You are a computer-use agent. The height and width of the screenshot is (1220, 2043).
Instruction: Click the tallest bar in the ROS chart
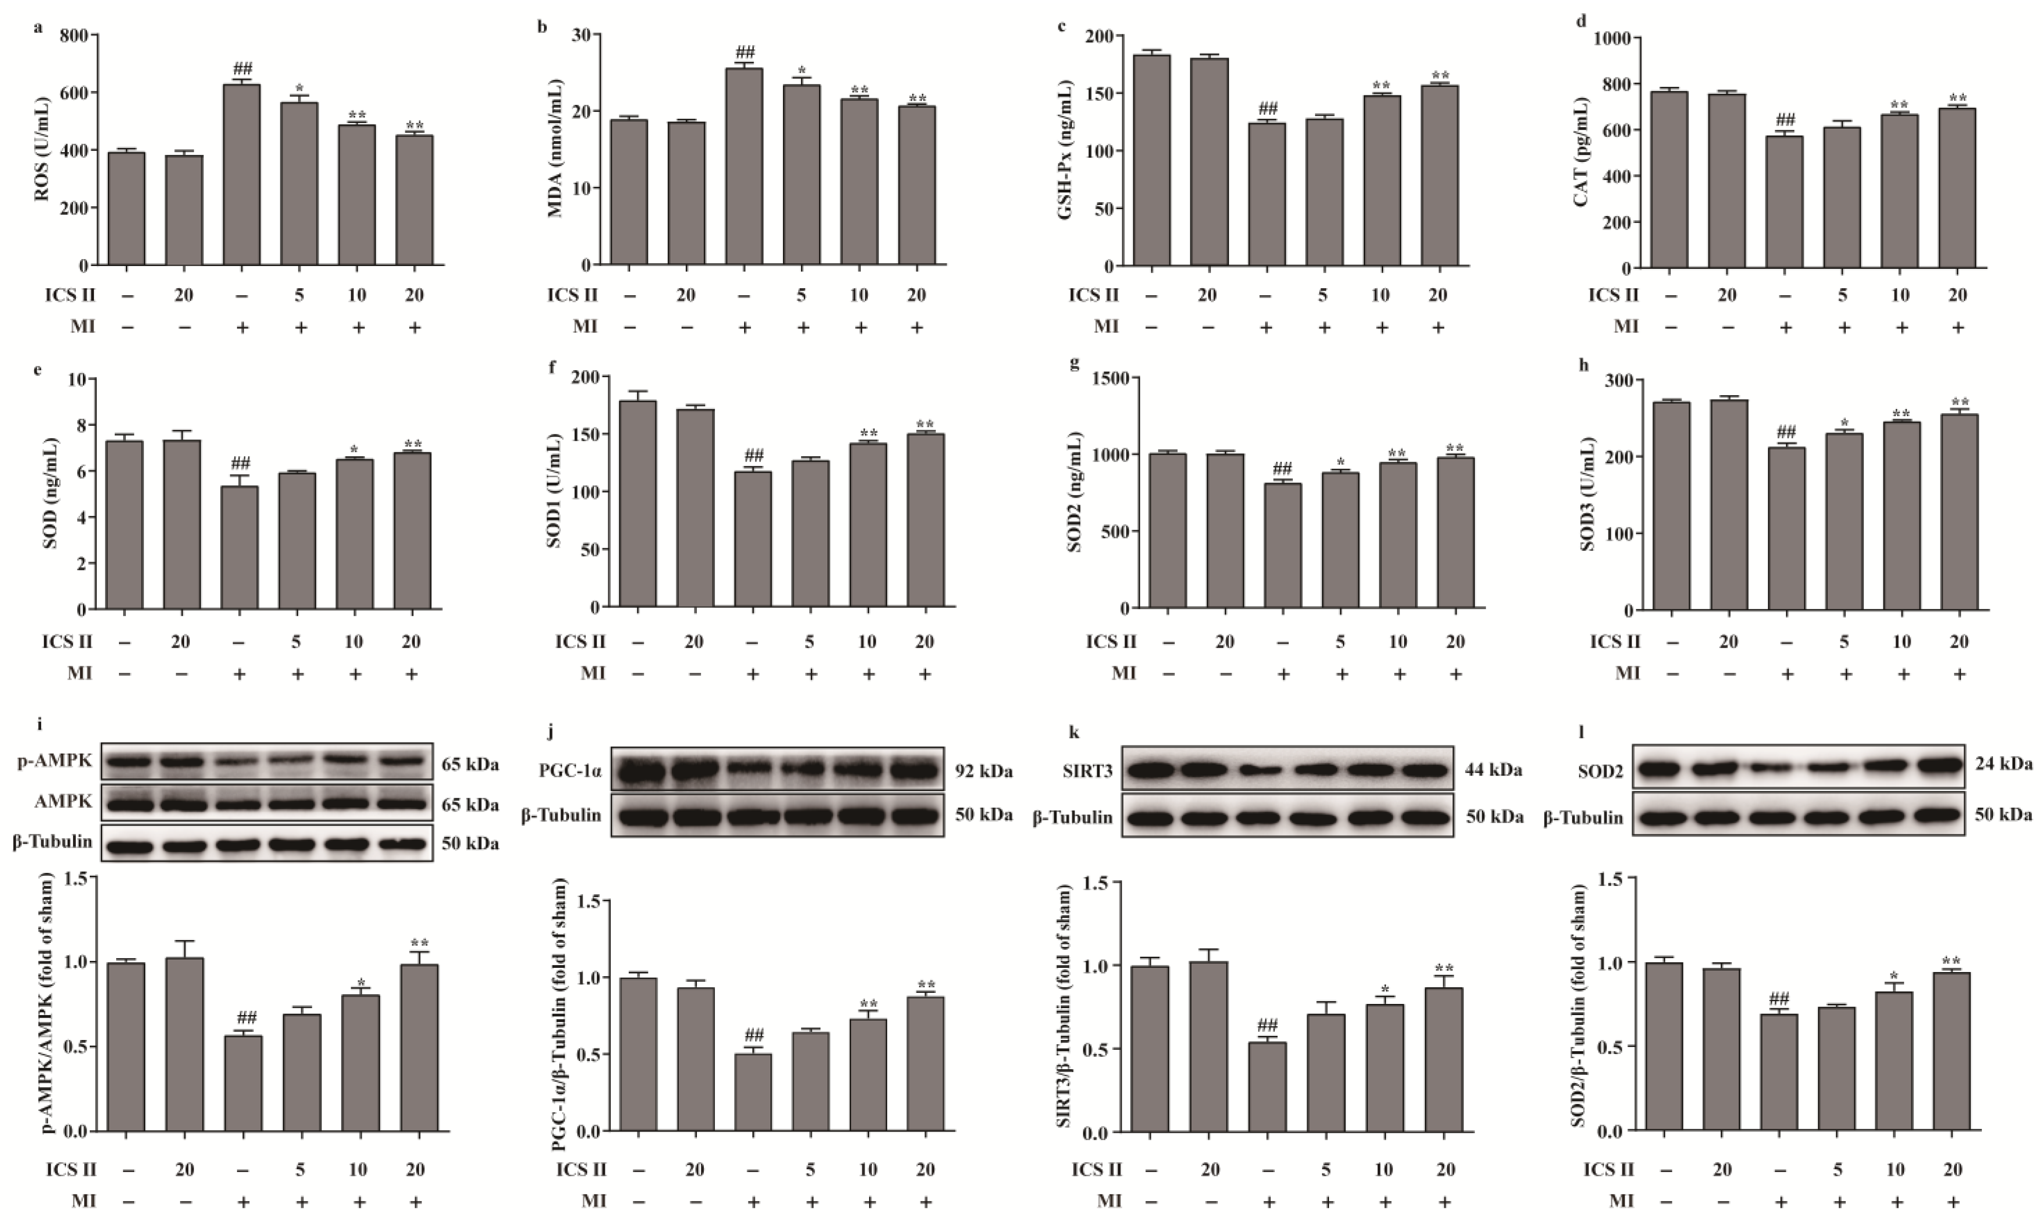coord(242,174)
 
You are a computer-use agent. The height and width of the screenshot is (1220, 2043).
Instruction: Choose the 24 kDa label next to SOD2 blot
coord(2004,764)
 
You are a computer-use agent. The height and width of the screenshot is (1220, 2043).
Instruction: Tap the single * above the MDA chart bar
coord(801,70)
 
